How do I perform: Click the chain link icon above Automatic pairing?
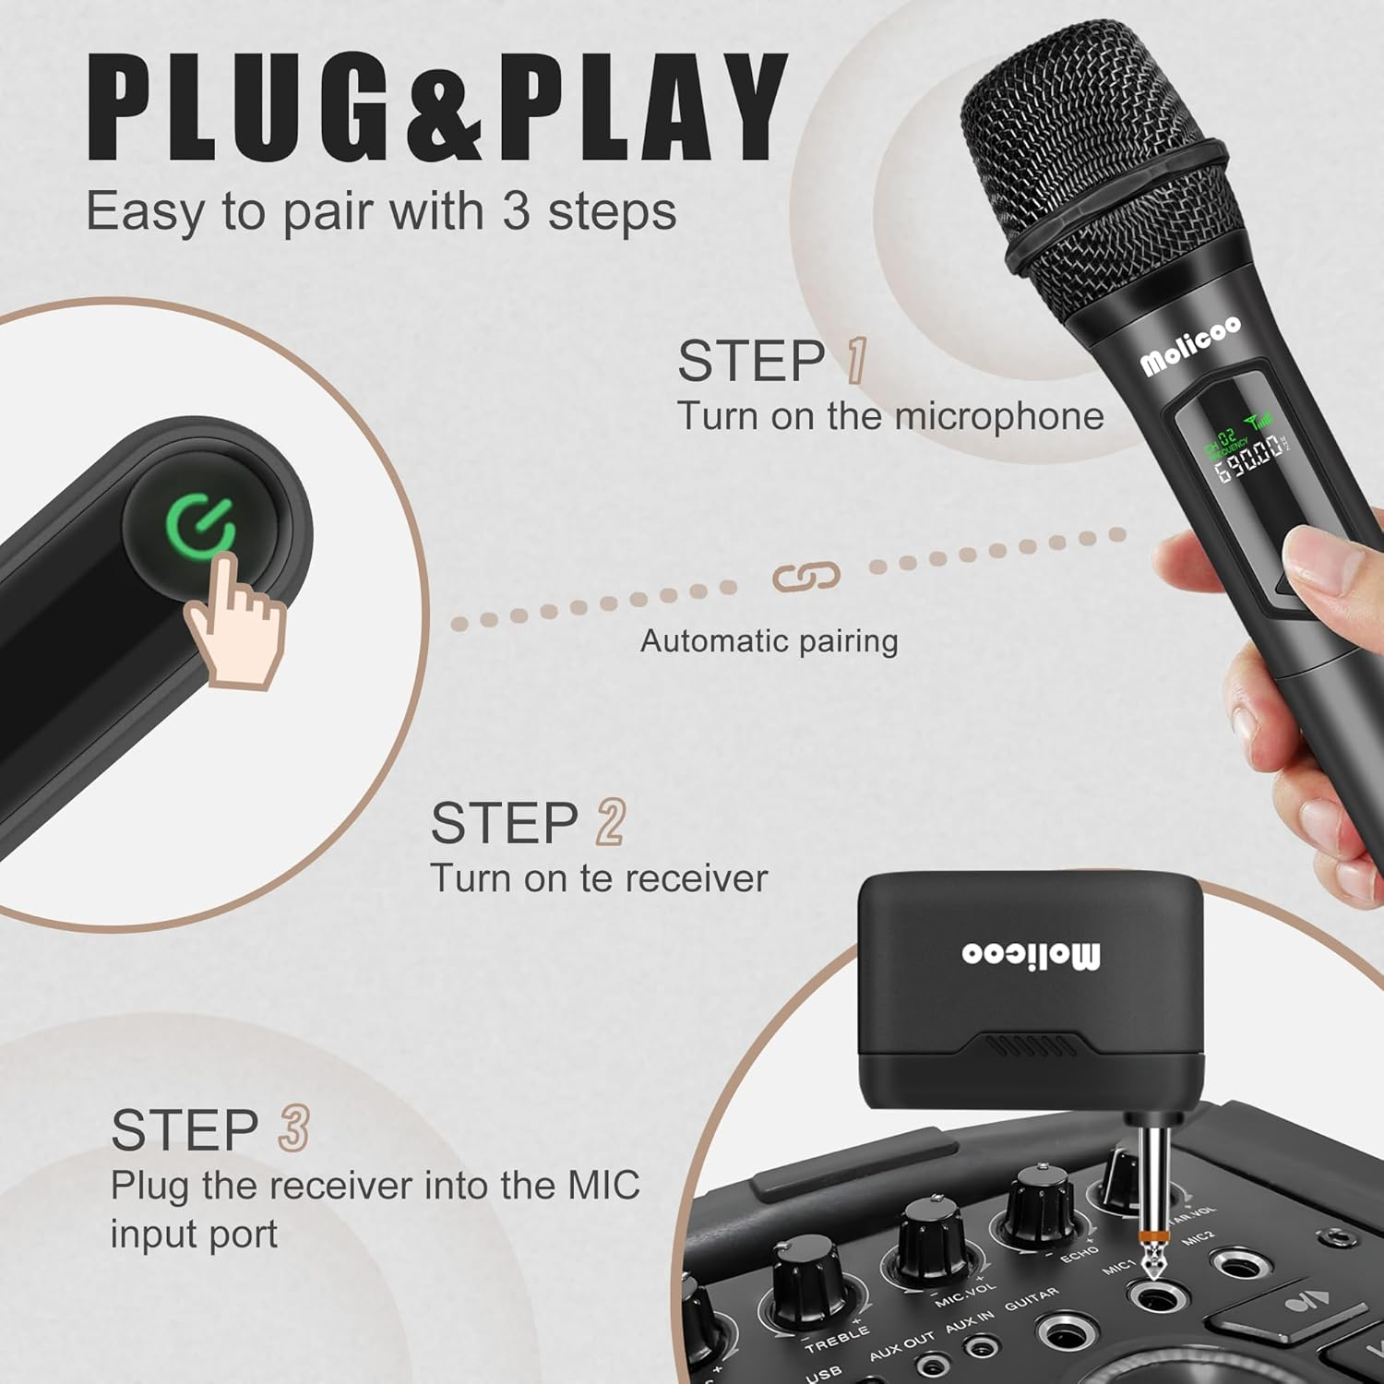tap(805, 578)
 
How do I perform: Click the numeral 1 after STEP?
tap(855, 360)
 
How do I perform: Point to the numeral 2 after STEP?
tap(610, 822)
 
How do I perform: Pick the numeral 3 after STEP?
tap(293, 1129)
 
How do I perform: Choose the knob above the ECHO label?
tap(1038, 1199)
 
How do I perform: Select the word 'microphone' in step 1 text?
tap(999, 417)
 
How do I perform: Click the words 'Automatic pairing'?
tap(769, 641)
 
